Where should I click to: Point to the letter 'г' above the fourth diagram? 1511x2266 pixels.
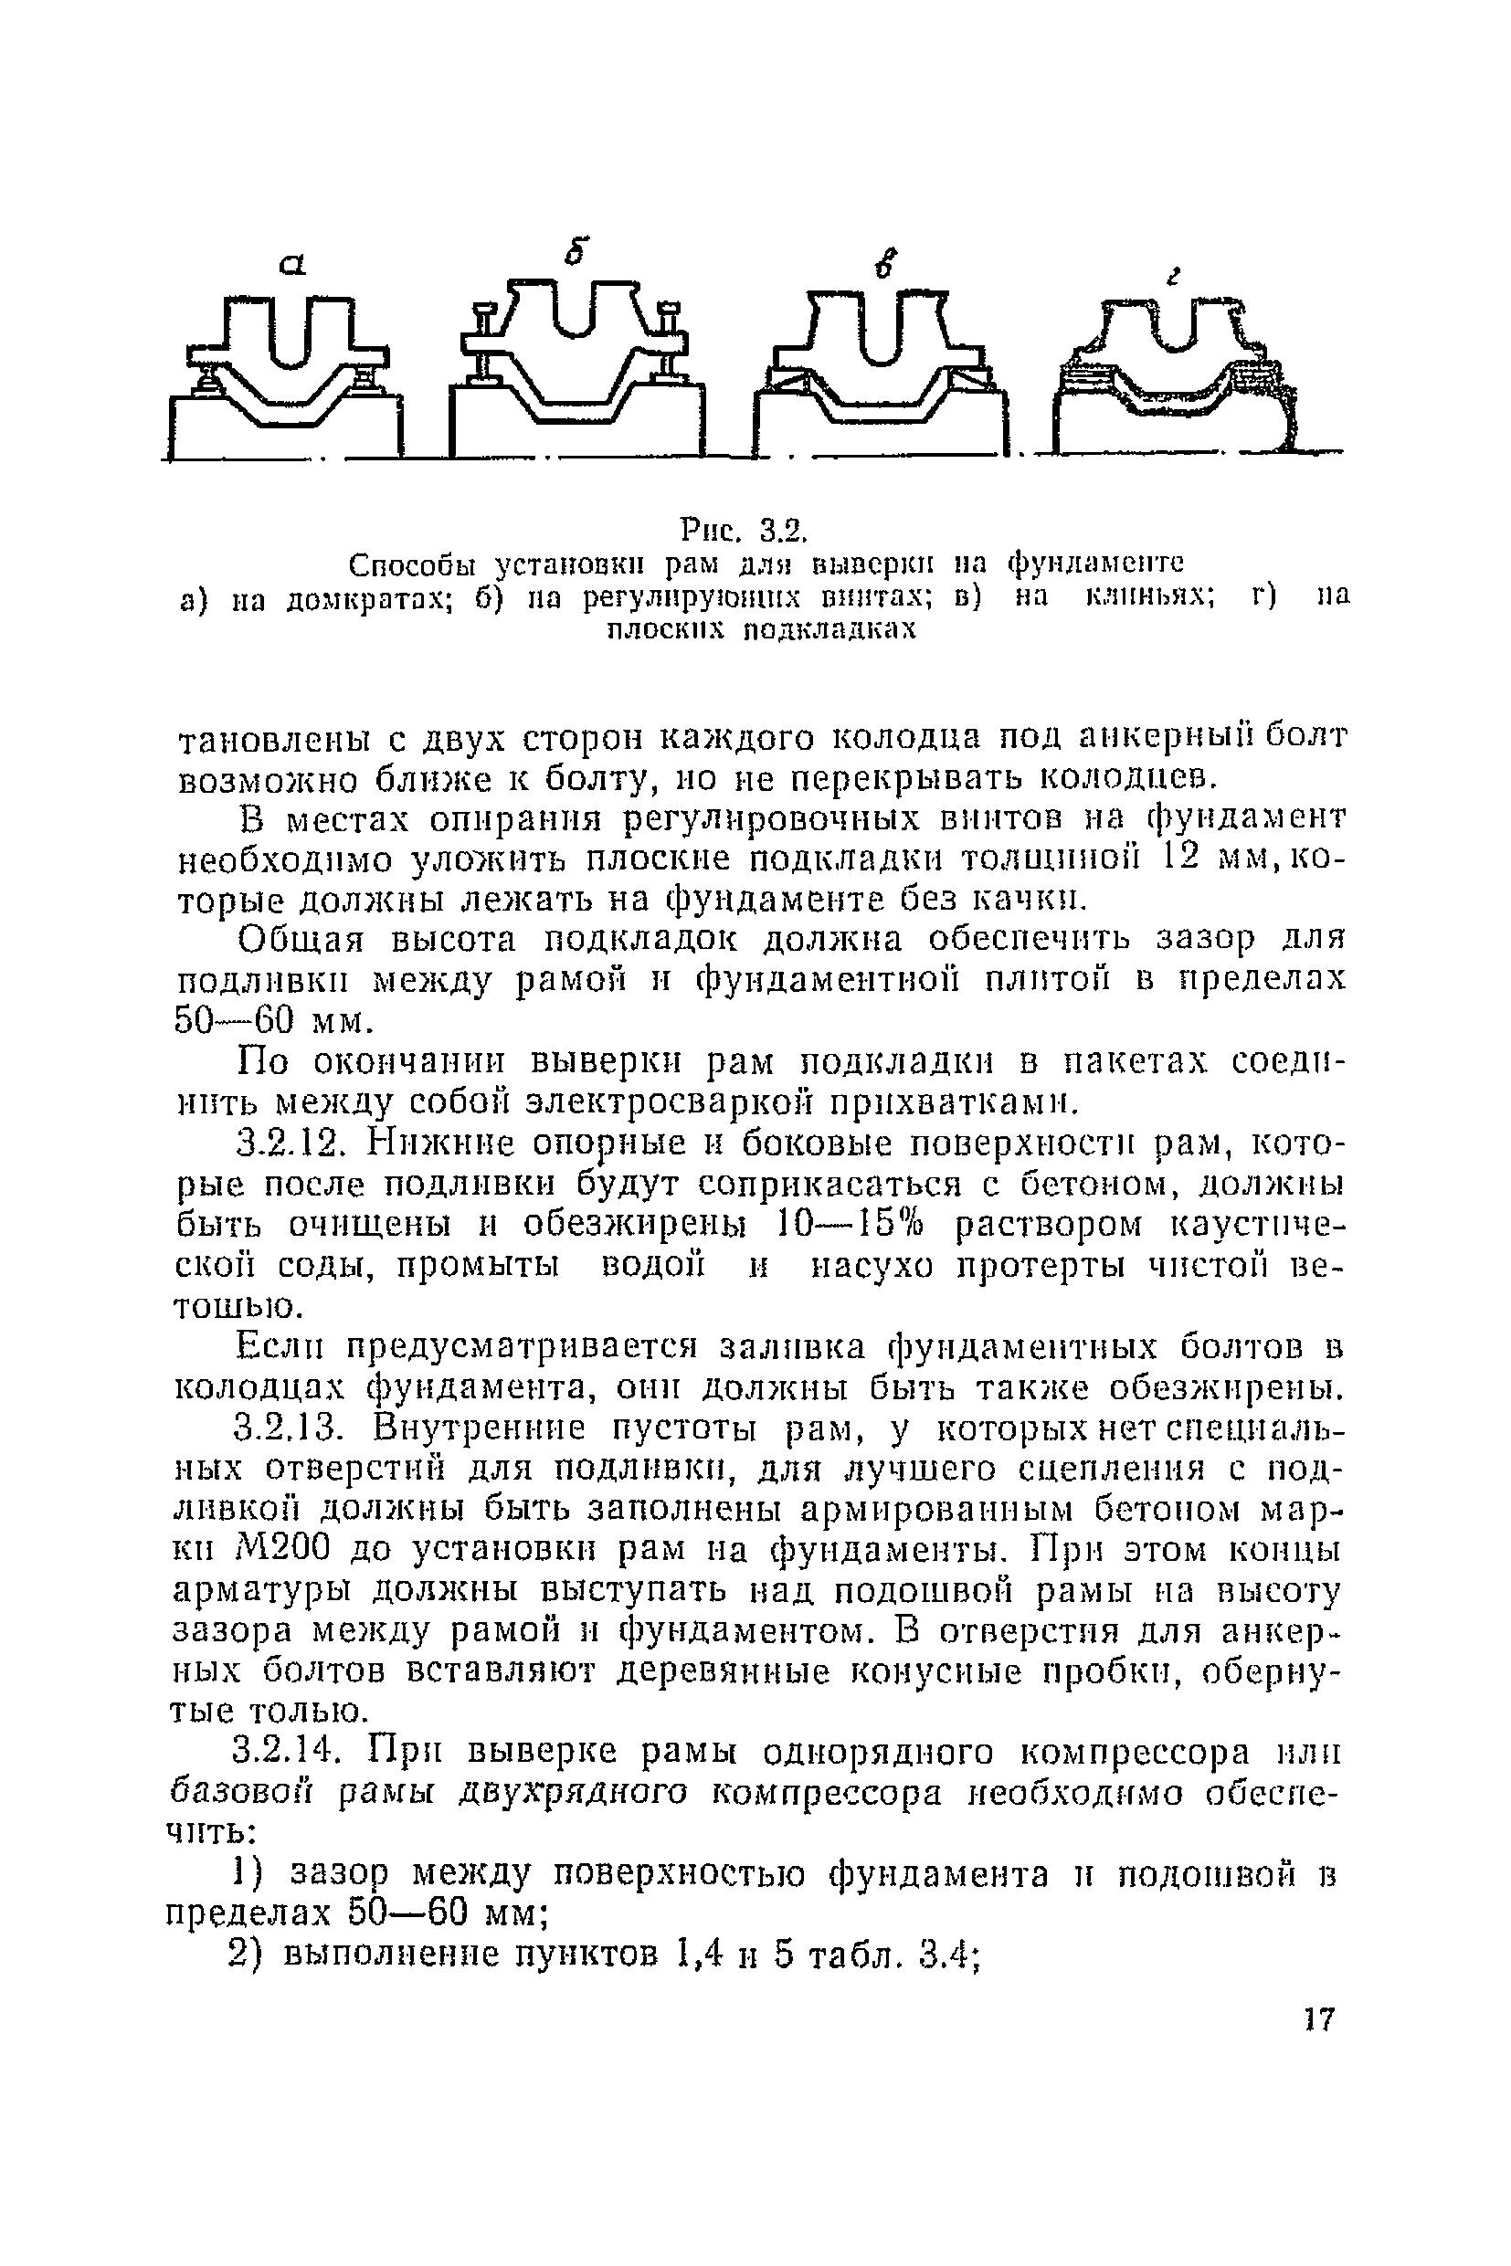pyautogui.click(x=1172, y=278)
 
